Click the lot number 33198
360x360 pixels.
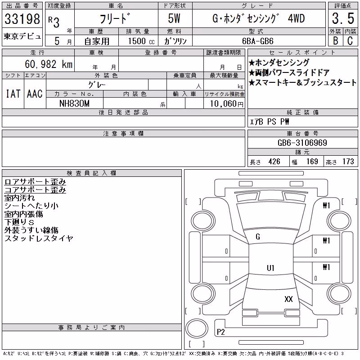coord(22,19)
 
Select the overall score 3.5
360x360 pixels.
coord(343,18)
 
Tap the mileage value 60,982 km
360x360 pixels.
coord(49,64)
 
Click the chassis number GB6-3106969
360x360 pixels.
coord(302,143)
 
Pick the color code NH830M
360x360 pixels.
coord(74,103)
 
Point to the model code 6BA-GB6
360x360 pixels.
coord(258,41)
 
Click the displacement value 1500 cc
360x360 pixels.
coord(141,41)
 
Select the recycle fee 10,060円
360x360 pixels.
coord(226,104)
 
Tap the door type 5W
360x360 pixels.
coord(174,18)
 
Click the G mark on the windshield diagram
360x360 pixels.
coord(258,237)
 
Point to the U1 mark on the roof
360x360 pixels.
coord(271,268)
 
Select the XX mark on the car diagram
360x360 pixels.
coord(288,299)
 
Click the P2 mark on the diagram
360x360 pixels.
coord(221,332)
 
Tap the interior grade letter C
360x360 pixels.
coord(350,41)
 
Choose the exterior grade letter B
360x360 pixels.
coord(336,41)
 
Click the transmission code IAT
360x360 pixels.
coord(13,94)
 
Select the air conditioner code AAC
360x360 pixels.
coord(35,94)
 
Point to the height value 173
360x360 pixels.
coord(348,162)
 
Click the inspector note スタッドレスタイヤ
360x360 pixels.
coord(39,238)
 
